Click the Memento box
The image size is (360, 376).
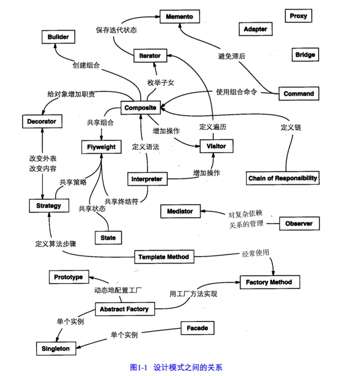pos(179,17)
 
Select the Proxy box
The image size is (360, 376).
pos(298,16)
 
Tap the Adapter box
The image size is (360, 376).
pos(255,29)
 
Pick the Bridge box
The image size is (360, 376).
pos(305,55)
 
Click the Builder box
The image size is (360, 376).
pos(58,37)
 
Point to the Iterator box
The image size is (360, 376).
pos(150,56)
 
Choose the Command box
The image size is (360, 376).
pos(298,93)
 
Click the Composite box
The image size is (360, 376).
pos(140,108)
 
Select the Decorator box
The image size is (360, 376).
pos(41,121)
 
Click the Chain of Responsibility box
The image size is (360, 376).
pos(283,178)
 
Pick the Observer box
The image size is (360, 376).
pos(299,224)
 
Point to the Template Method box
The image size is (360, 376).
pos(163,256)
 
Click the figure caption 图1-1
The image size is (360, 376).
pos(139,367)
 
